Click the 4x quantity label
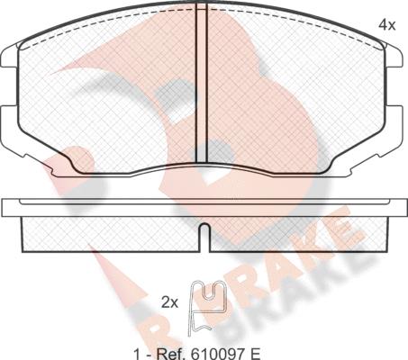387,25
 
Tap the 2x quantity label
170,303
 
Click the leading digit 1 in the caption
137,354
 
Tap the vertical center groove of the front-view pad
202,83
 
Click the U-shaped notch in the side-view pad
204,237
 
